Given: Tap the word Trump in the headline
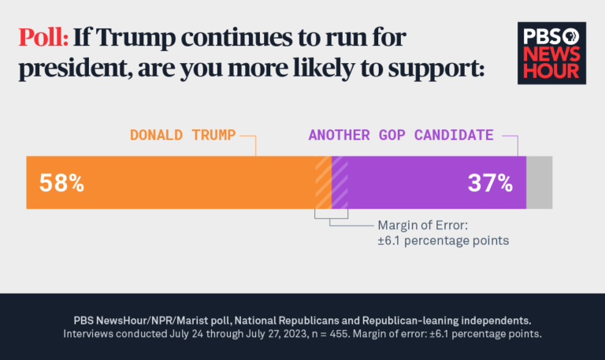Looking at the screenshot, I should coord(132,39).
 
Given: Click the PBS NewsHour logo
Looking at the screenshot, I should coord(551,53).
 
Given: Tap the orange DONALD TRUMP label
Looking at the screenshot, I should coord(183,135).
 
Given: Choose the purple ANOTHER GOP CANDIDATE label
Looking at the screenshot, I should coord(401,135).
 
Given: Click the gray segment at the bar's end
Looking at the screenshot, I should coord(540,183).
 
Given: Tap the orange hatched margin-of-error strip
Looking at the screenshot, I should coord(323,183).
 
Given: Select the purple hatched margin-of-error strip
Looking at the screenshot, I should coord(340,183).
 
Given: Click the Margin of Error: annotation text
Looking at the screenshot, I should coord(422,225).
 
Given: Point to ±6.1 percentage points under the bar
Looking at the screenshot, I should coord(443,240).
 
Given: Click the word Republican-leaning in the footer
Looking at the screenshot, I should coord(399,321).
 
